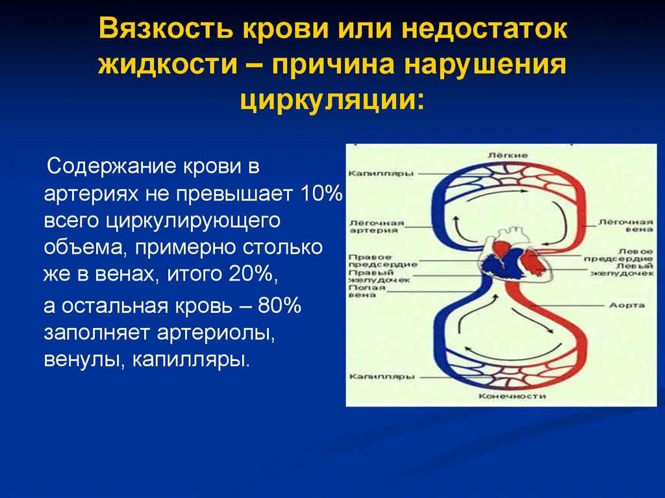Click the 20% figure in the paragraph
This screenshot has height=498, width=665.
coord(253,275)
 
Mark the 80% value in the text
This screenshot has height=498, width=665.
coord(280,306)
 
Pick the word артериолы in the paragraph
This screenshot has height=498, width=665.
coord(216,332)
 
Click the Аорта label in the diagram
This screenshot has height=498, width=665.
coord(627,305)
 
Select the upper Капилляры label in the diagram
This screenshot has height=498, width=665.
coord(373,174)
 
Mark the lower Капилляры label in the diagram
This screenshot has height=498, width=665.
coord(373,377)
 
